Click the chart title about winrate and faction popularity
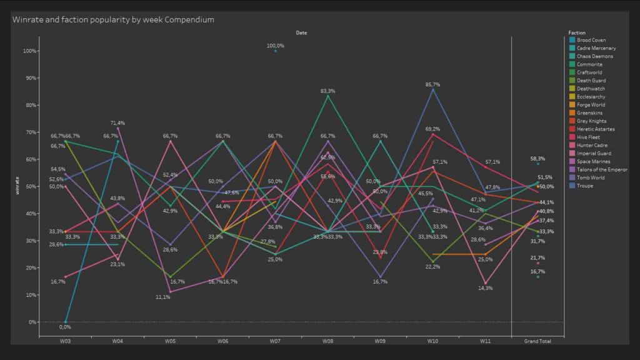113,19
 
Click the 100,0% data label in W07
276,46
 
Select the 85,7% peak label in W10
432,84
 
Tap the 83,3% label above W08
327,91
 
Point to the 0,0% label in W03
65,327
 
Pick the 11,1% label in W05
162,297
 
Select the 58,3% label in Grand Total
537,159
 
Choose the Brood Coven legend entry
591,40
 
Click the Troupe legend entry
585,186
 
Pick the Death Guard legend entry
591,81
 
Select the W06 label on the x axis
222,341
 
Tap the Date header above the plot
301,32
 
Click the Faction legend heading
576,32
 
